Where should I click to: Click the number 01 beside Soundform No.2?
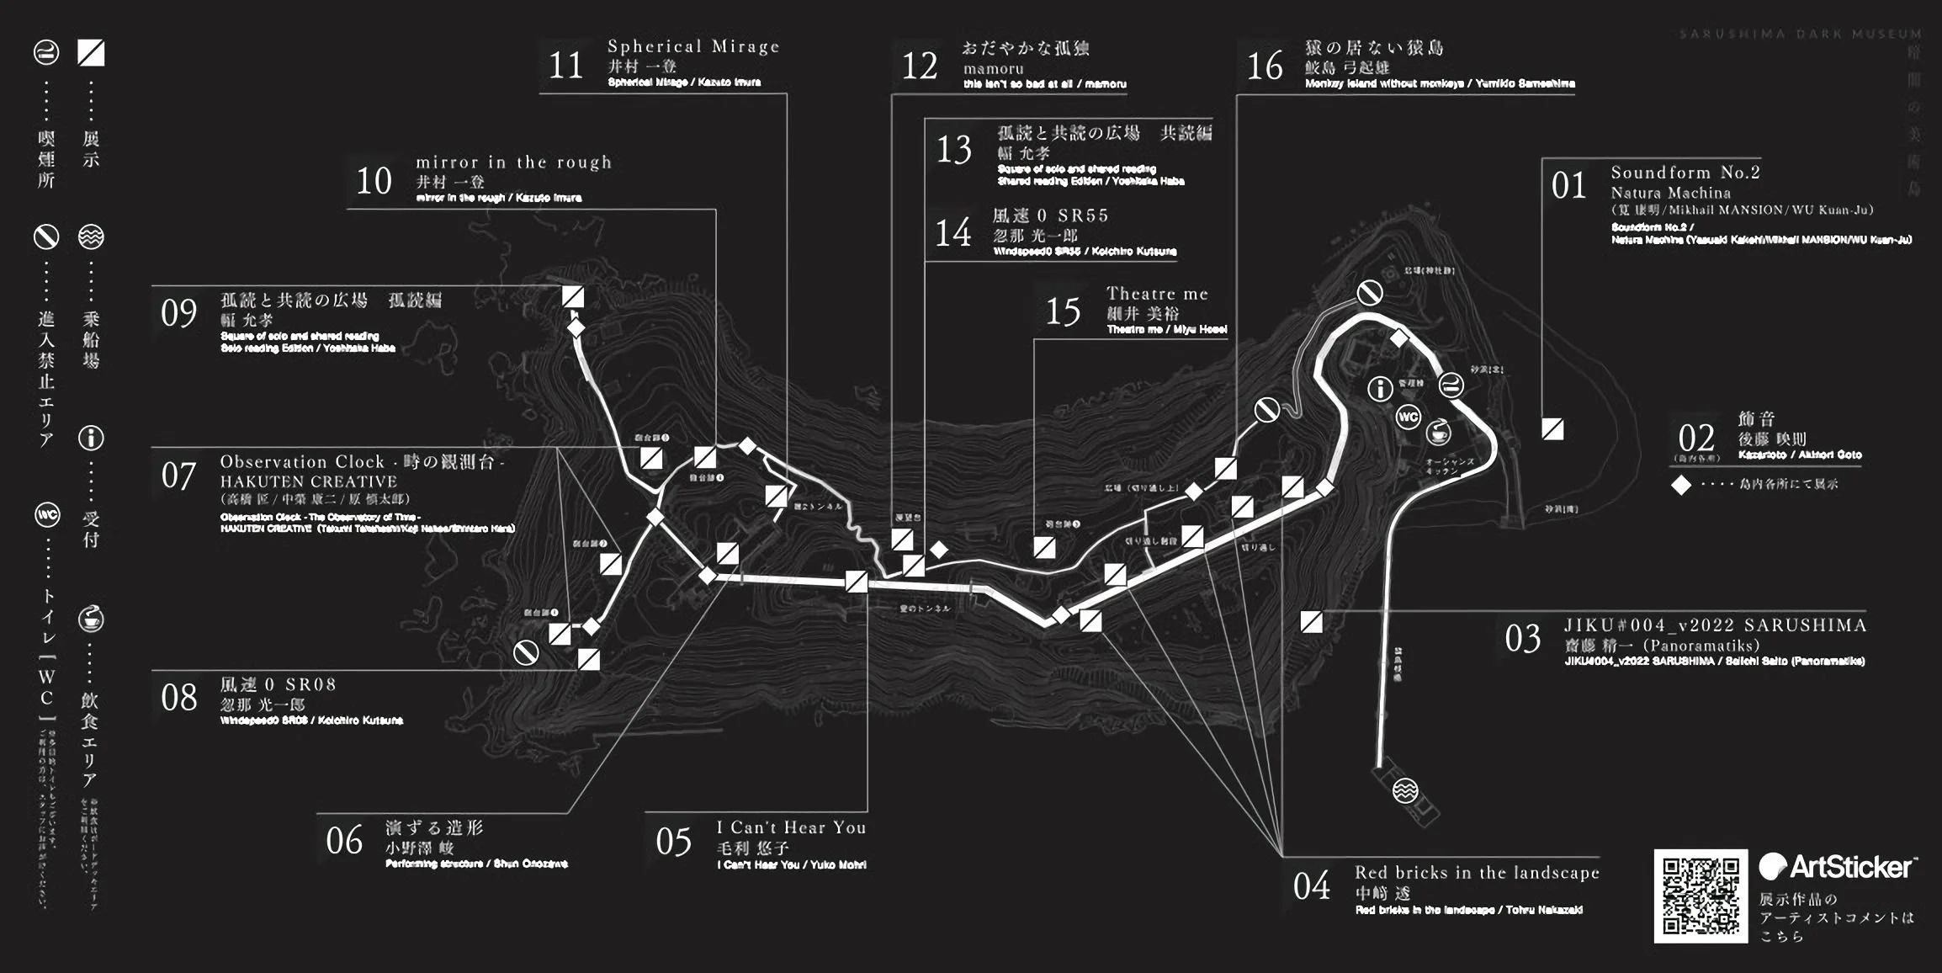pyautogui.click(x=1568, y=186)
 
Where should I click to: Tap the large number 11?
pyautogui.click(x=565, y=66)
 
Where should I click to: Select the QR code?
pyautogui.click(x=1701, y=896)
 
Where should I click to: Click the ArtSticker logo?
pyautogui.click(x=1837, y=867)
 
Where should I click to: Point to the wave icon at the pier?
pyautogui.click(x=1405, y=790)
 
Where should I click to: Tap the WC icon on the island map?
pyautogui.click(x=1408, y=417)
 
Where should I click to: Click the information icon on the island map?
pyautogui.click(x=1380, y=388)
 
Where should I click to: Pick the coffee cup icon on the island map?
pyautogui.click(x=1438, y=433)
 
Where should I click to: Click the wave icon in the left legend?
pyautogui.click(x=91, y=237)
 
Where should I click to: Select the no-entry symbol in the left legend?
pyautogui.click(x=45, y=237)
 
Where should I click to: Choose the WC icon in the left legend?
pyautogui.click(x=46, y=515)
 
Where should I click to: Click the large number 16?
pyautogui.click(x=1265, y=66)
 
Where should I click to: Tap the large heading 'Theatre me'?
pyautogui.click(x=1157, y=294)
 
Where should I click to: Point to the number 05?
pyautogui.click(x=673, y=842)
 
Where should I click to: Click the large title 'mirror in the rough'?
pyautogui.click(x=513, y=162)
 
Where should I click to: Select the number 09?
pyautogui.click(x=178, y=313)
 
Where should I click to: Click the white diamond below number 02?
pyautogui.click(x=1681, y=485)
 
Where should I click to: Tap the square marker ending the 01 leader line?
pyautogui.click(x=1552, y=429)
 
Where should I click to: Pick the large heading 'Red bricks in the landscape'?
pyautogui.click(x=1477, y=873)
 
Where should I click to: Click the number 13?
pyautogui.click(x=954, y=150)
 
